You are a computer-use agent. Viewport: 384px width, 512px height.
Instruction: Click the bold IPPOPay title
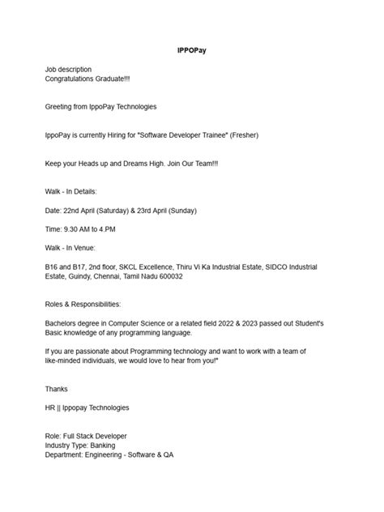(192, 50)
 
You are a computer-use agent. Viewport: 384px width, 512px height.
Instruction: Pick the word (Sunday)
(180, 210)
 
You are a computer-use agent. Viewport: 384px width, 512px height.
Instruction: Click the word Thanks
(57, 389)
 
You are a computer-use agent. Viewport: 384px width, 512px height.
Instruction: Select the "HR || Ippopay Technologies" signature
(87, 407)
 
